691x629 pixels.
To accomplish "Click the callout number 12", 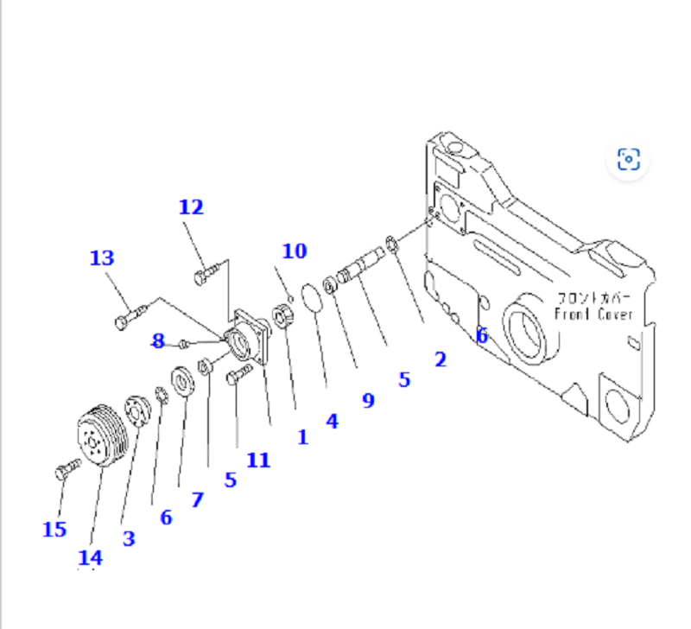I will tap(191, 207).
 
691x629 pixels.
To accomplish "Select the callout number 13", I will tap(102, 257).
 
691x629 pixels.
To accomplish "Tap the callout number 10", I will tap(294, 251).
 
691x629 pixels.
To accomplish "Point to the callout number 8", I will tap(158, 340).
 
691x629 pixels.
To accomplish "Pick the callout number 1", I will tap(302, 437).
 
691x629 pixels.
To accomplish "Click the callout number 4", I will tap(332, 421).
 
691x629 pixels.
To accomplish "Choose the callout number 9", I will tap(369, 401).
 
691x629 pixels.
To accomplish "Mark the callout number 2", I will tap(441, 359).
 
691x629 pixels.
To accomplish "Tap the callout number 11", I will tap(258, 460).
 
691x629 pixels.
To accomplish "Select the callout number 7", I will tap(198, 499).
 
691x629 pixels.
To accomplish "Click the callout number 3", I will tap(129, 538).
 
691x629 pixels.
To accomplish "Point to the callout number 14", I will tap(90, 557).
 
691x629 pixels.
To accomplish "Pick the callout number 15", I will tap(54, 529).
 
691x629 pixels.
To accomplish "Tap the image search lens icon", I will tap(628, 159).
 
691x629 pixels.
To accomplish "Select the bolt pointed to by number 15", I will tap(67, 469).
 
